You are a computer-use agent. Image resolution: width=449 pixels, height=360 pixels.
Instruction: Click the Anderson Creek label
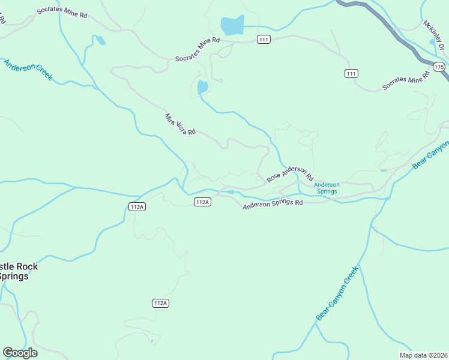28,70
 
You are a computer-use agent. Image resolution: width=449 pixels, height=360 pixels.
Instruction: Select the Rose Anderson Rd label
290,174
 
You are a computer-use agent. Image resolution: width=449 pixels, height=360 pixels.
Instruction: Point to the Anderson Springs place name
327,188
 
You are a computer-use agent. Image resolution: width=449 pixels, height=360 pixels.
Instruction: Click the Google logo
20,353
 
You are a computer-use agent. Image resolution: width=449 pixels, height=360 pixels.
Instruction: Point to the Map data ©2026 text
423,355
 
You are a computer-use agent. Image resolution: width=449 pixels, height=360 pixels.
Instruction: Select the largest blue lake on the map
232,26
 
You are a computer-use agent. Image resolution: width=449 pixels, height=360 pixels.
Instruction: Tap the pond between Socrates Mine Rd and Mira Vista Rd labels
203,88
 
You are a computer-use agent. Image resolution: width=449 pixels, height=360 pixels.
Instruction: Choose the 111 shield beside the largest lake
264,39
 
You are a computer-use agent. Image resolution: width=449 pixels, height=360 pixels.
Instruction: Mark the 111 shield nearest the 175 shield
351,73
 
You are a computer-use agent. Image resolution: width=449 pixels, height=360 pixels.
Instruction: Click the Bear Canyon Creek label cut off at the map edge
431,154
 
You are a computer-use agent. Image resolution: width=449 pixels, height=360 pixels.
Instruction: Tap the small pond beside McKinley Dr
432,42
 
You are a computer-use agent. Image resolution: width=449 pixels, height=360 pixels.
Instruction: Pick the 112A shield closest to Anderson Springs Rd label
202,202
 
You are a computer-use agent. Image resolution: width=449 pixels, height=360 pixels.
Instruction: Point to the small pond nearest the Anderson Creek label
101,41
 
